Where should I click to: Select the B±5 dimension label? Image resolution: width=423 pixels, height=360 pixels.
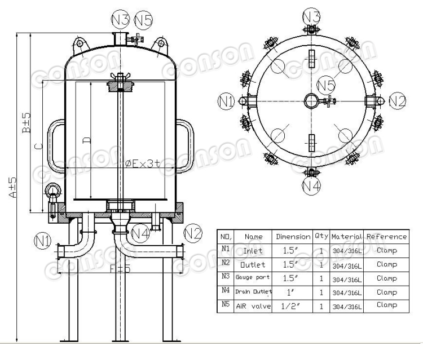[26, 122]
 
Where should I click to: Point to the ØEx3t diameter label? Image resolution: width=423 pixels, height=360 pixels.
[143, 163]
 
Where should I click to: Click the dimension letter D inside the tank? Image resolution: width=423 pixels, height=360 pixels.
[86, 140]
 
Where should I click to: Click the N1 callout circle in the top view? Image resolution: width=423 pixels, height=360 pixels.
[226, 101]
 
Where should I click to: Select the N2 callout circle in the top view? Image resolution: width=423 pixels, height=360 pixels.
[397, 101]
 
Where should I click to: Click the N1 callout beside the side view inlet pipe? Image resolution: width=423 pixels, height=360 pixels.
[43, 242]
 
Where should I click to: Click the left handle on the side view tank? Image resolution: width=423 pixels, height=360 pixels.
[55, 144]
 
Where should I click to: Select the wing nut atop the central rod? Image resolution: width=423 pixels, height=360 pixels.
[120, 77]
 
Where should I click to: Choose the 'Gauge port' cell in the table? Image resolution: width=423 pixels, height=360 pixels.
[253, 278]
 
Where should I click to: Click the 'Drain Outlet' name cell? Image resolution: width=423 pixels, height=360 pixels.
[253, 292]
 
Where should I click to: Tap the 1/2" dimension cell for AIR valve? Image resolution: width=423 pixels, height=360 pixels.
[292, 305]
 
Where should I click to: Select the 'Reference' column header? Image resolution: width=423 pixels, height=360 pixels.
[386, 237]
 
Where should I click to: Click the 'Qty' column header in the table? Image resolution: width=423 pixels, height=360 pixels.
[321, 237]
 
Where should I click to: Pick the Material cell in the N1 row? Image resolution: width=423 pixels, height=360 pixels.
[346, 250]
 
